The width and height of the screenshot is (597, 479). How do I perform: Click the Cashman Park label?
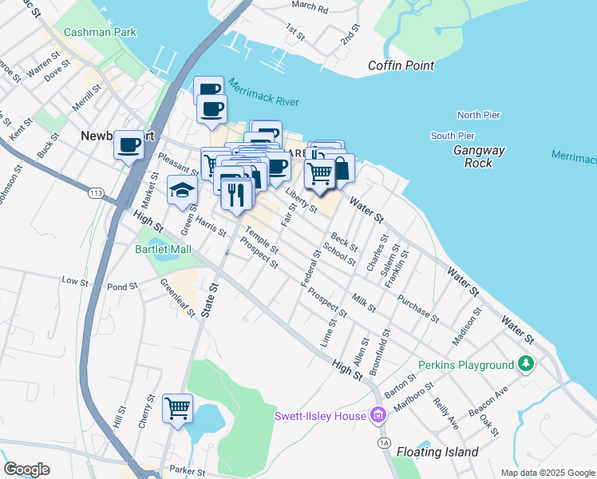(x=101, y=32)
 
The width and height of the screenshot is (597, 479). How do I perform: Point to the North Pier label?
(x=478, y=115)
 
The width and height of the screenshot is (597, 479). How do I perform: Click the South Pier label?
(x=453, y=136)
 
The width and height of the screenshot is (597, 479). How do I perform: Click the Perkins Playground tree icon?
(x=525, y=365)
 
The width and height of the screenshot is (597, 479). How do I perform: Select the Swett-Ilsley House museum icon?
(x=378, y=415)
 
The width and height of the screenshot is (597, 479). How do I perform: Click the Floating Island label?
(x=437, y=452)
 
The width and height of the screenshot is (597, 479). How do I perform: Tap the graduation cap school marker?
(x=182, y=190)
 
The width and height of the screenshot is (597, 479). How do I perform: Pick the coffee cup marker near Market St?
(x=128, y=144)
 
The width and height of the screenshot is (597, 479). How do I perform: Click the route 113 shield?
(x=97, y=193)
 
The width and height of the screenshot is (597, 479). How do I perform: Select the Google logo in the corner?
(x=26, y=469)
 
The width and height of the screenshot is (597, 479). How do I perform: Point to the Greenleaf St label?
(x=177, y=297)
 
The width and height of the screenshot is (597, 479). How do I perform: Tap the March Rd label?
(x=310, y=7)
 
